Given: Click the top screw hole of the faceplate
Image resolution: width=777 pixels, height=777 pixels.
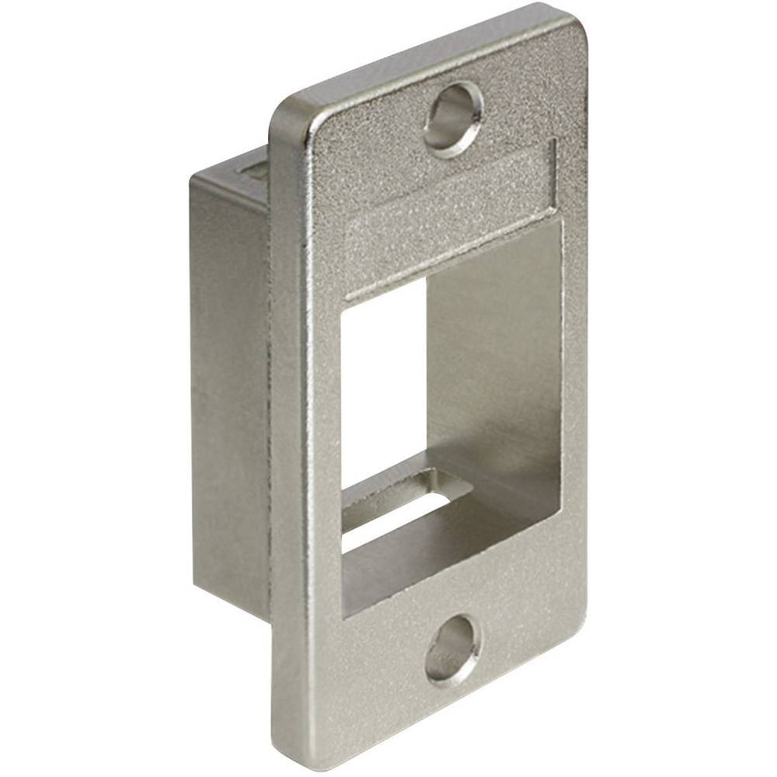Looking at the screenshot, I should tap(453, 119).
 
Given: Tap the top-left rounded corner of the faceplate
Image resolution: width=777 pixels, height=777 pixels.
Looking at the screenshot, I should tap(284, 113).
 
